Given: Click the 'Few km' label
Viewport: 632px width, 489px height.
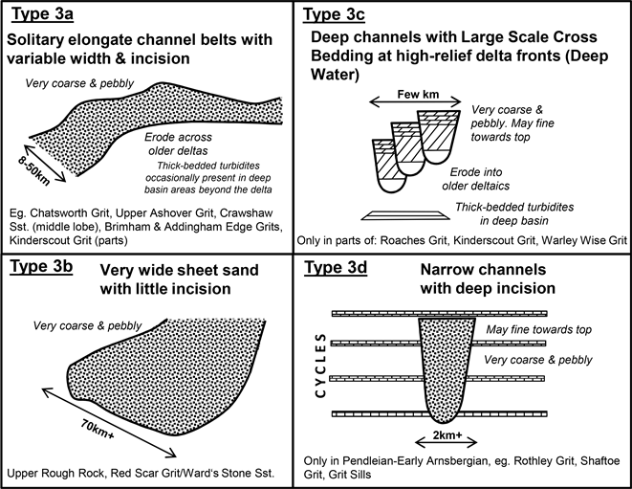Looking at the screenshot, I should click(x=417, y=97).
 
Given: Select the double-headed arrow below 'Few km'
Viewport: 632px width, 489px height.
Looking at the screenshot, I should click(x=417, y=111).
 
